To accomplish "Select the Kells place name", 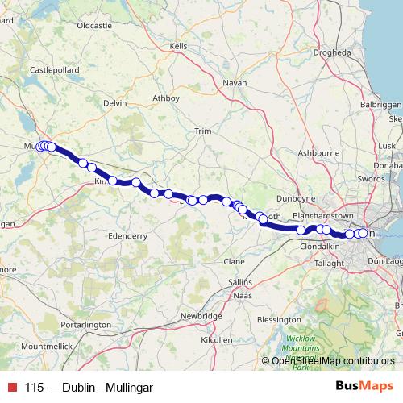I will (179, 47).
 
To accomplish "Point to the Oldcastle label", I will (93, 26).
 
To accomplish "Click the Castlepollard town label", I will (51, 70).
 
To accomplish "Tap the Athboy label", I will (165, 98).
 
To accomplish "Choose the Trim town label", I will (202, 131).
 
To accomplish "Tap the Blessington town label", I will (278, 297).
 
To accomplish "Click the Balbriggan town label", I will (381, 106).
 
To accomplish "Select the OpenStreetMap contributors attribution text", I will (329, 360).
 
